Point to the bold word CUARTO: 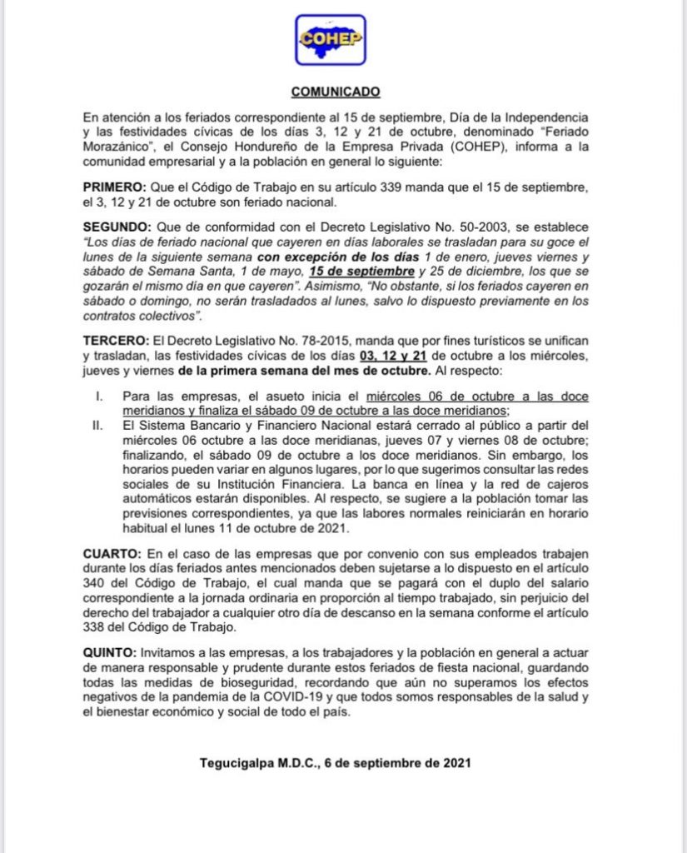tap(114, 553)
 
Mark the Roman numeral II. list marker tap(97, 425)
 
